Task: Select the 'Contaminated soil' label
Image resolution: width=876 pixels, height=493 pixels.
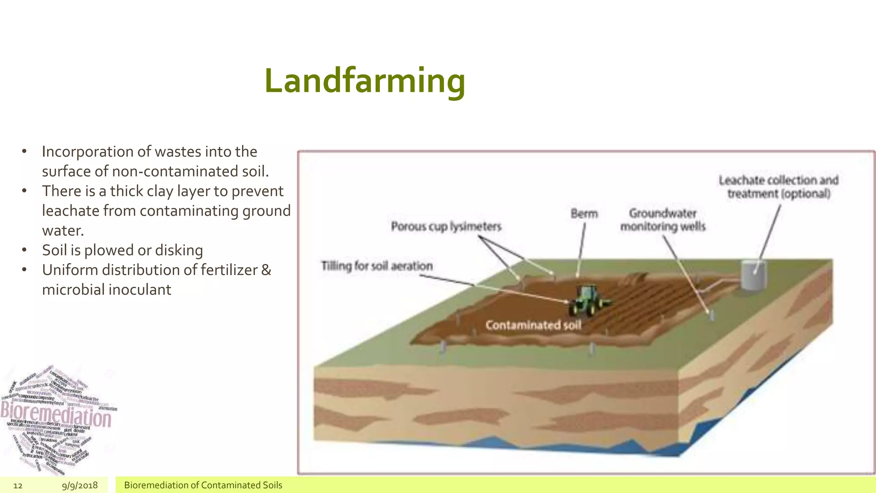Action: (x=533, y=325)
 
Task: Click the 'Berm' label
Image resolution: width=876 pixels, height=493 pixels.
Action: (x=584, y=214)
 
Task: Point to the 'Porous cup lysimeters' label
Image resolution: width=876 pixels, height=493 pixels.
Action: (x=446, y=226)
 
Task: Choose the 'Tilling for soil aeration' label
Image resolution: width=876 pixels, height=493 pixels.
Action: (x=377, y=266)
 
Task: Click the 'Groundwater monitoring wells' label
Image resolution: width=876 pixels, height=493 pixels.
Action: (x=663, y=220)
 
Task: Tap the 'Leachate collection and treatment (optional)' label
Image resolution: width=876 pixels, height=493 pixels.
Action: (x=778, y=187)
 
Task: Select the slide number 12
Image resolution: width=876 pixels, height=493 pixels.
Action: (x=18, y=485)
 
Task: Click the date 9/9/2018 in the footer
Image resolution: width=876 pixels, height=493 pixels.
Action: (x=80, y=485)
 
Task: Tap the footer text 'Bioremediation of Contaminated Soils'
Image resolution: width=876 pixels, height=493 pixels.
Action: (x=203, y=485)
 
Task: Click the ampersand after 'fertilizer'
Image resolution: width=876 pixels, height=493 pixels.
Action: (x=266, y=270)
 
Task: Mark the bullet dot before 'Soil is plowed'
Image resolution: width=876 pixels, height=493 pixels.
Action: (x=24, y=250)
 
